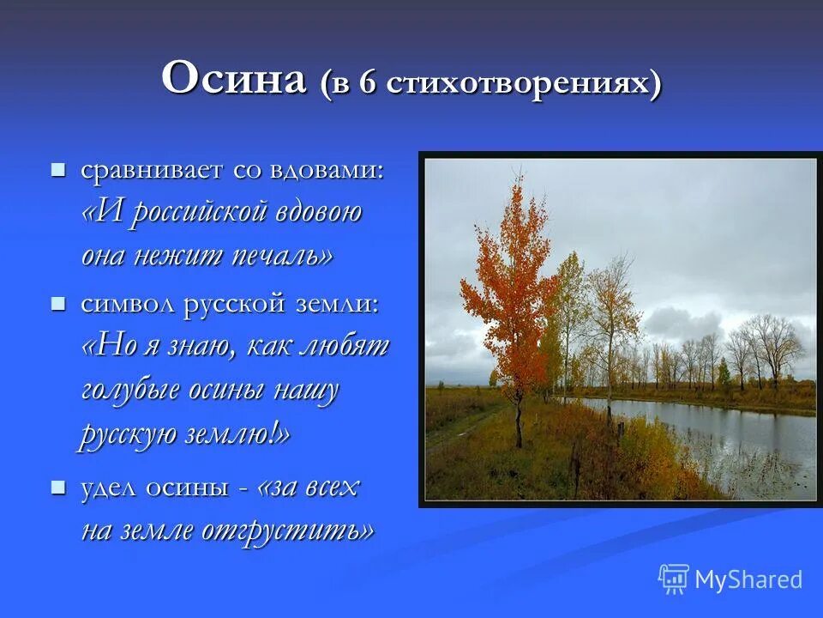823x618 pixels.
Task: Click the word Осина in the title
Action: tap(234, 79)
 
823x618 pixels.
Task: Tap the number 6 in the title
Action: tap(369, 83)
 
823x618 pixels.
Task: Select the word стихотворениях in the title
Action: tap(518, 84)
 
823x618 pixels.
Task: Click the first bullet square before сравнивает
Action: tap(57, 170)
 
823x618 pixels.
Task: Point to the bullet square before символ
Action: tap(57, 304)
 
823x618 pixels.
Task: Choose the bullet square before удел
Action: tap(57, 488)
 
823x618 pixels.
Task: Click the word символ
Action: tap(129, 305)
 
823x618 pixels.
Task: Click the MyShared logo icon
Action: tap(674, 579)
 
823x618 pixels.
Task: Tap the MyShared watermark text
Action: tap(748, 579)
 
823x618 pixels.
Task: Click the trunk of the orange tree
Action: tap(519, 420)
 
